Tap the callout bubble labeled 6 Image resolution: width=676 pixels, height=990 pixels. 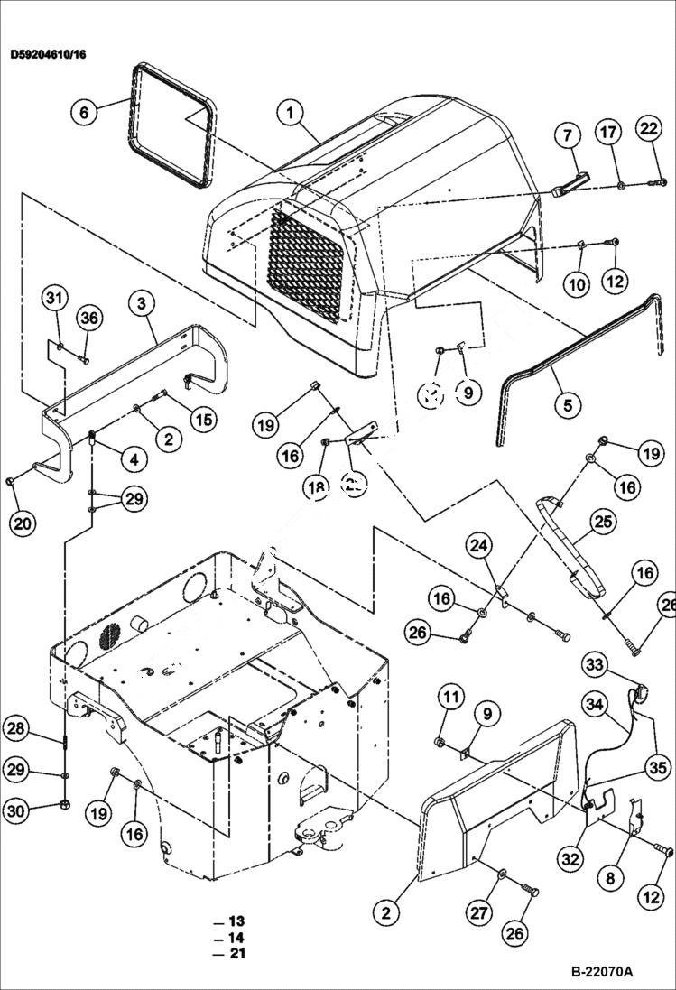tap(84, 112)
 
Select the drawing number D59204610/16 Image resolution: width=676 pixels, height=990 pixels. tap(49, 54)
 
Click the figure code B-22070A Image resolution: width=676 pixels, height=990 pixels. tap(601, 972)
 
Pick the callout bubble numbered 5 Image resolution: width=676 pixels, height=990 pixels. tap(567, 406)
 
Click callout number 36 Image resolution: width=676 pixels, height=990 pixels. tap(88, 318)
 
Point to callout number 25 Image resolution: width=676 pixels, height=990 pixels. tap(602, 521)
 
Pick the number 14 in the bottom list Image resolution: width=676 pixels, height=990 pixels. tap(236, 938)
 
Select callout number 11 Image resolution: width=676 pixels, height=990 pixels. tap(452, 696)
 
